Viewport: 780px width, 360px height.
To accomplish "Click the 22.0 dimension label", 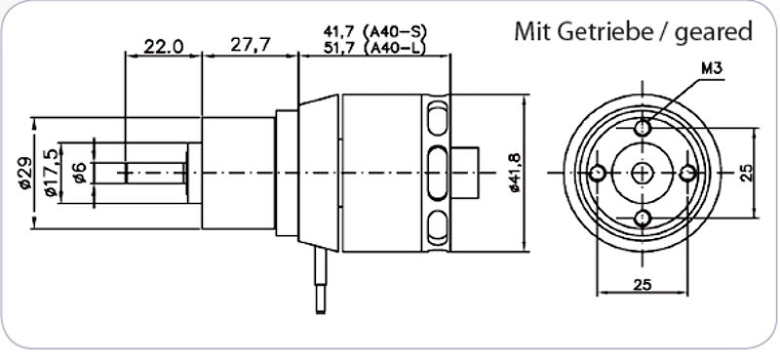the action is click(x=164, y=47).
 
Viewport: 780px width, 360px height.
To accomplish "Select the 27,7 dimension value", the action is click(x=251, y=45).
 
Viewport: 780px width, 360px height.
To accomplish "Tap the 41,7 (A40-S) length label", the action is click(x=375, y=31).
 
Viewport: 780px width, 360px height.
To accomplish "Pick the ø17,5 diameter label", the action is click(x=52, y=173).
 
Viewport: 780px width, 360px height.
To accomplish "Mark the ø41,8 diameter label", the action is click(x=515, y=173).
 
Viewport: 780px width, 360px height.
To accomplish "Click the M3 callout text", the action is click(x=712, y=69).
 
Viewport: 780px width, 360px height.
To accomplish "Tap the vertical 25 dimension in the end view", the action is click(x=747, y=173).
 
